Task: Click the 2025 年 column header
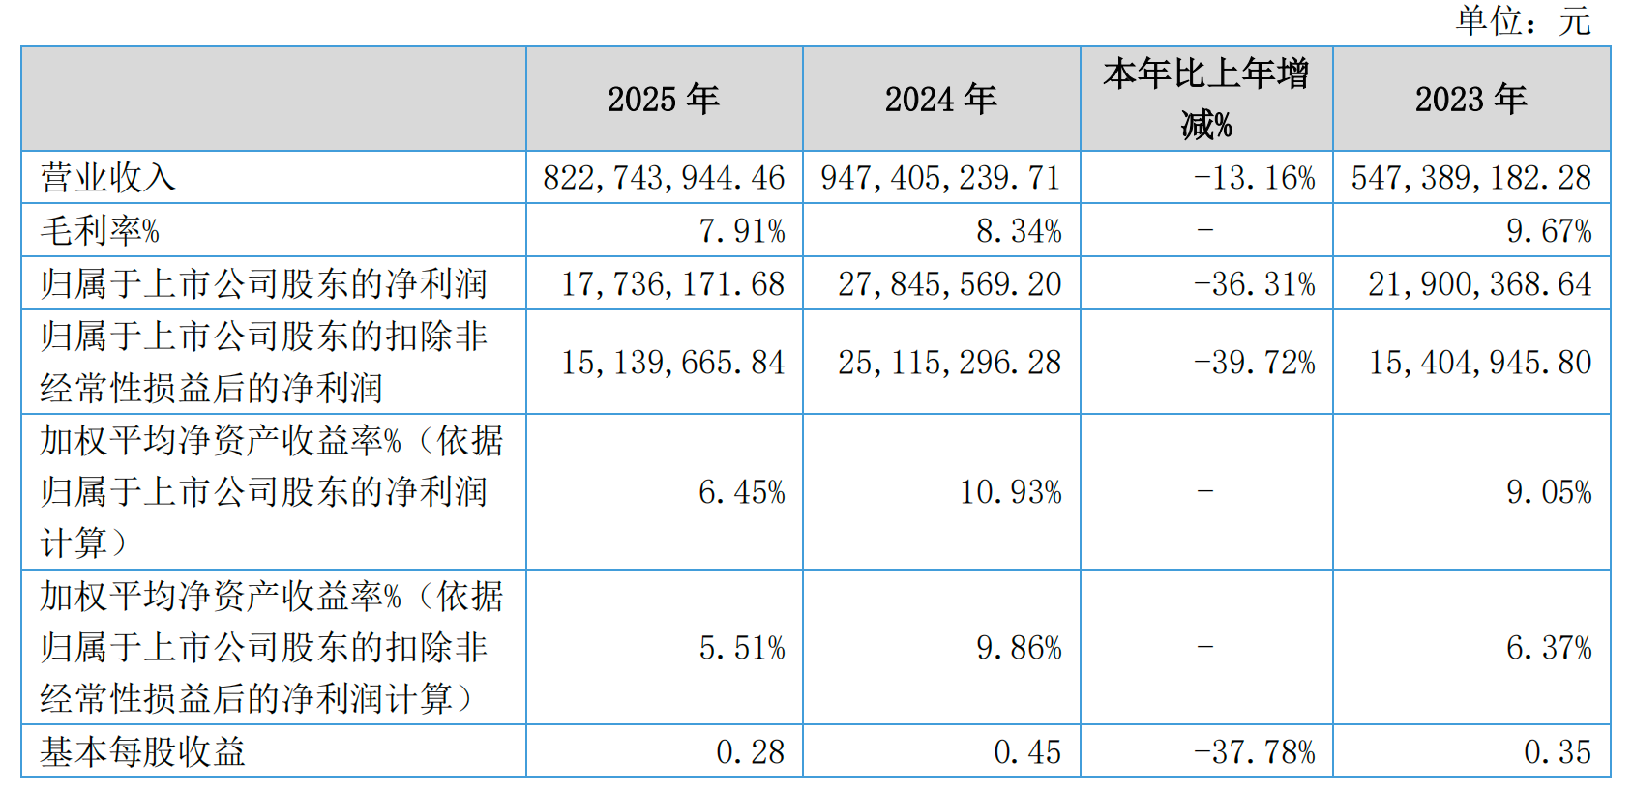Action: (664, 99)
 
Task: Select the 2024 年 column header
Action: (940, 99)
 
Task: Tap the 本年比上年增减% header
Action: (1205, 99)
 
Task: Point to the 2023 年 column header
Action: (1470, 99)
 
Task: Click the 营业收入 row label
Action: (107, 178)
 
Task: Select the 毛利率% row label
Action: (100, 230)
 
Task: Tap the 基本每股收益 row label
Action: (142, 751)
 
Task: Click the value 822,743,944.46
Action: (664, 178)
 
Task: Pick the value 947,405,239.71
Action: (940, 178)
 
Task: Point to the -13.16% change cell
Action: (1254, 178)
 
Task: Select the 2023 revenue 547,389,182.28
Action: (1470, 178)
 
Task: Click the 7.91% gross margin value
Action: (742, 231)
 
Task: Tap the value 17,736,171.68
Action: (673, 284)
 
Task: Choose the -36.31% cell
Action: (1254, 284)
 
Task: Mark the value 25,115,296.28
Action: (949, 363)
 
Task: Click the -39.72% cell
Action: (1254, 363)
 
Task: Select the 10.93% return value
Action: (1010, 492)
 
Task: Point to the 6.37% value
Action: (1548, 647)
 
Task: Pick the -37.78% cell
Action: (1254, 751)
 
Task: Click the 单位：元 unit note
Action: (1523, 20)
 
